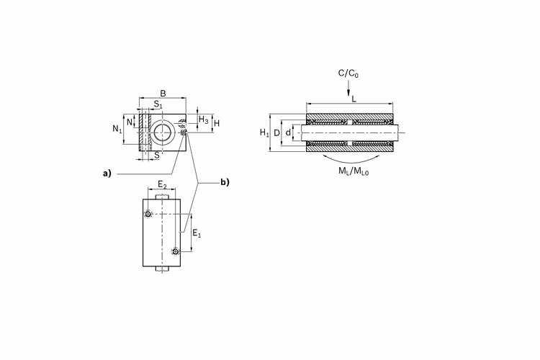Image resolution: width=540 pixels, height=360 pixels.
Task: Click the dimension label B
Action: coord(163,94)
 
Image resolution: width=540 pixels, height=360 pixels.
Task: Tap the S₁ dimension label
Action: coord(158,104)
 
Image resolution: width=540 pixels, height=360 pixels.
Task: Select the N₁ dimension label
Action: coord(117,129)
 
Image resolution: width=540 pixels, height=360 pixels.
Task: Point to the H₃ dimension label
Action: coord(204,120)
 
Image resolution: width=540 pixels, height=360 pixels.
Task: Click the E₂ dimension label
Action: coord(162,185)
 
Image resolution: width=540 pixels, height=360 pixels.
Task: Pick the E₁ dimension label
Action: coord(197,233)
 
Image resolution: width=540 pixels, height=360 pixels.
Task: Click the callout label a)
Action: coord(107,174)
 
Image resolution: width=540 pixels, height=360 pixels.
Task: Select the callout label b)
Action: coord(225,182)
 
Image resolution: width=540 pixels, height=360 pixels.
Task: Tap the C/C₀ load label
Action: coord(348,73)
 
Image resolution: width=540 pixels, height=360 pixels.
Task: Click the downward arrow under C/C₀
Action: coord(348,88)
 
